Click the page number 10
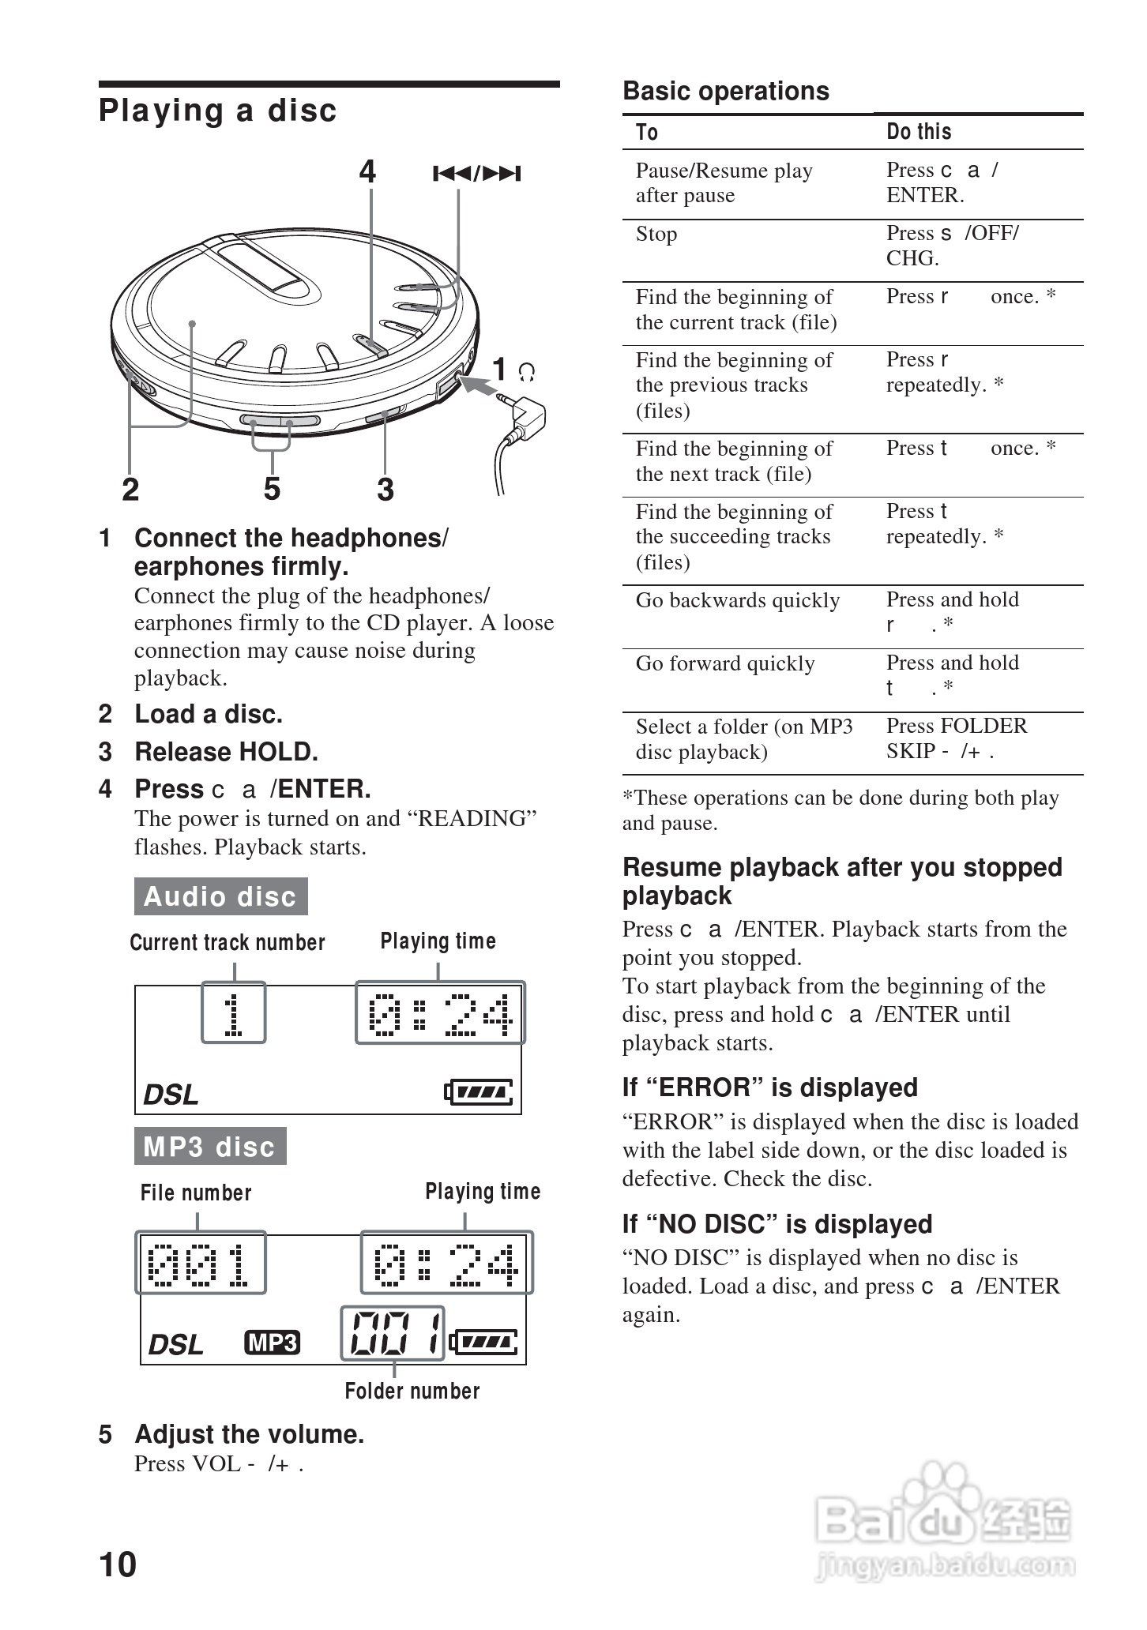[x=118, y=1564]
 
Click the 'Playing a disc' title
[x=218, y=111]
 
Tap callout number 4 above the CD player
[x=367, y=171]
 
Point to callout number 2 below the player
[x=130, y=490]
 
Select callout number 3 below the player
[x=385, y=490]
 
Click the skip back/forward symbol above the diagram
[x=476, y=174]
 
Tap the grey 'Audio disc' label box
[x=220, y=896]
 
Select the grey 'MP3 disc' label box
[x=210, y=1146]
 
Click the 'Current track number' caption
[x=228, y=942]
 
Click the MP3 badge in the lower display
[x=273, y=1343]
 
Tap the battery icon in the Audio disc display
[x=479, y=1092]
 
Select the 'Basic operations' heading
[x=726, y=92]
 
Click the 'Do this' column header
[x=919, y=132]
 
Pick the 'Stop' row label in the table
[x=656, y=235]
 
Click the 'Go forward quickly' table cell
[x=725, y=663]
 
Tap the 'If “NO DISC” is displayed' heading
[x=777, y=1224]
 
